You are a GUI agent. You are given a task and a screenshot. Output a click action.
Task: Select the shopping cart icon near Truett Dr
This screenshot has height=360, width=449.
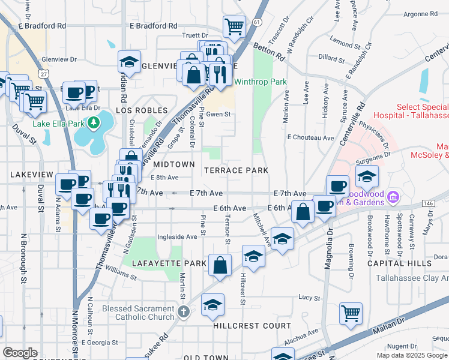coord(234,26)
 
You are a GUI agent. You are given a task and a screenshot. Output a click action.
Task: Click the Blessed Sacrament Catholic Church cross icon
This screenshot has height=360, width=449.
coord(184,312)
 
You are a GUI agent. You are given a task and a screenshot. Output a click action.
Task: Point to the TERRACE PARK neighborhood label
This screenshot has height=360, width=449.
coord(236,170)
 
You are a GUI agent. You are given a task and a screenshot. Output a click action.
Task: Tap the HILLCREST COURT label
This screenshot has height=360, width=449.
coord(252,326)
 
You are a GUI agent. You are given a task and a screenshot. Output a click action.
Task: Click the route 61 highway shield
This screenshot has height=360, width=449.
coord(257,22)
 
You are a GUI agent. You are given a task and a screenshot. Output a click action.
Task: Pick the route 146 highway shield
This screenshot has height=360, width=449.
coord(429,203)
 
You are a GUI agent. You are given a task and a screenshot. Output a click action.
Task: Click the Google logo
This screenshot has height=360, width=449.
coord(20,352)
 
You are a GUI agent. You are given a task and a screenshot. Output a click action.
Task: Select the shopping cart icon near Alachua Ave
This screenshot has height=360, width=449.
coord(351,313)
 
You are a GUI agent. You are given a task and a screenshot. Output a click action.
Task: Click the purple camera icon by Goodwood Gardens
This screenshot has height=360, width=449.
coord(393,196)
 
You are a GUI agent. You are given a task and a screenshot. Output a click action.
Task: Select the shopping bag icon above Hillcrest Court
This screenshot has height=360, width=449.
coord(220,265)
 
